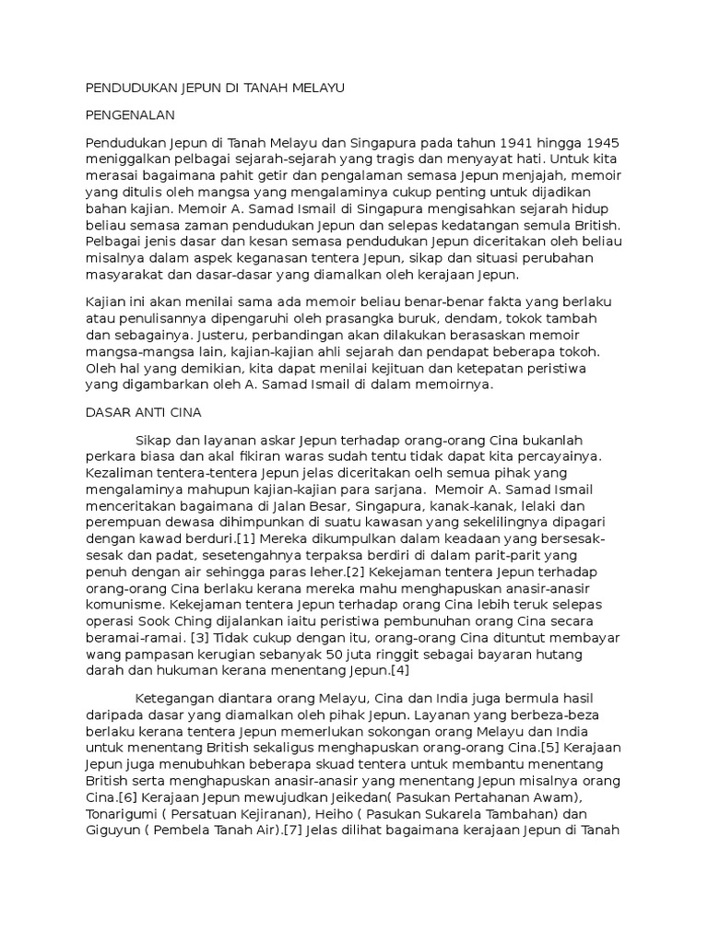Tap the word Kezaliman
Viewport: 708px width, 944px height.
point(117,473)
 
